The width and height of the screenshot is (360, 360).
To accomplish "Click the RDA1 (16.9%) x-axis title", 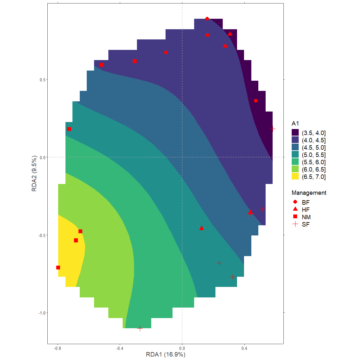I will [x=166, y=354].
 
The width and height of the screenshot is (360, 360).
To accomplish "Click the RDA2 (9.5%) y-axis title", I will [x=34, y=173].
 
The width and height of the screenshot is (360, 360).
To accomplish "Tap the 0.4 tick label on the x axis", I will [x=244, y=349].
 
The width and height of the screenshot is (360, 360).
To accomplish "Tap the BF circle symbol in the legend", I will [x=295, y=202].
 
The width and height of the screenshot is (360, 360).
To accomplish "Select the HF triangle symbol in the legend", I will [x=295, y=209].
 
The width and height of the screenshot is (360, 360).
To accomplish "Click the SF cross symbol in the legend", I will [x=295, y=224].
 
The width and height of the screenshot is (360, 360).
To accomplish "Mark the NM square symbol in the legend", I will [x=295, y=217].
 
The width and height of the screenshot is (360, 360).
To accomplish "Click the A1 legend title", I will [x=295, y=123].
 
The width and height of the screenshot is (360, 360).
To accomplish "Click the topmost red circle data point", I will [x=207, y=19].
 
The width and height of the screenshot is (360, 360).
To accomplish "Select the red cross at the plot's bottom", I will [x=140, y=328].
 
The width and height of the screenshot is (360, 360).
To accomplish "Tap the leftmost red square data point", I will [x=58, y=268].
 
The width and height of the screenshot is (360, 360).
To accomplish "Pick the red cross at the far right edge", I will [x=273, y=129].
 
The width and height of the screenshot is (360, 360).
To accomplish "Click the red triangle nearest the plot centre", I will [x=201, y=228].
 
